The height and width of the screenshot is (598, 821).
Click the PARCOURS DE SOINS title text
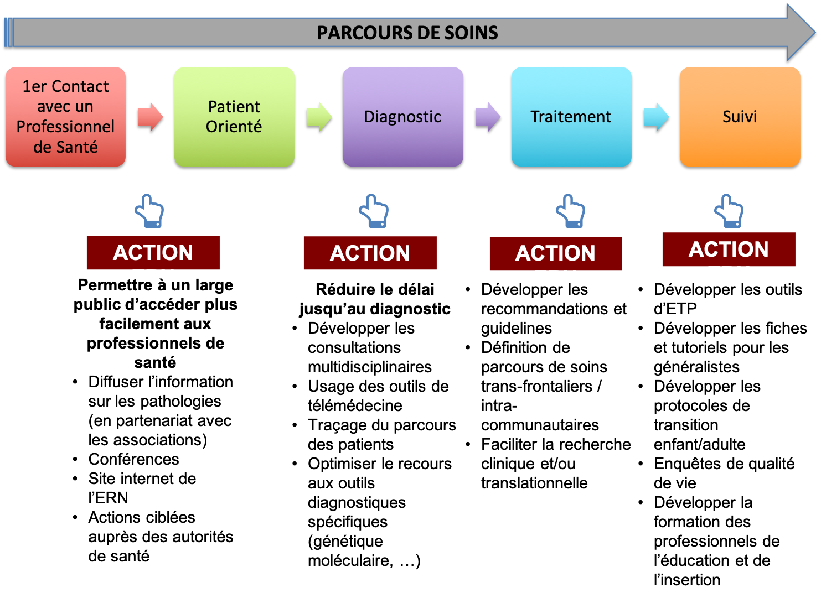(x=407, y=33)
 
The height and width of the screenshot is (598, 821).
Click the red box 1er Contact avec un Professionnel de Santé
(x=65, y=117)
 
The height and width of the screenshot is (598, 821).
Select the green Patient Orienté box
(x=234, y=117)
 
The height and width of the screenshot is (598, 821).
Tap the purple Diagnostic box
(x=402, y=117)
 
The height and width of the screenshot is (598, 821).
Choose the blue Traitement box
(x=571, y=117)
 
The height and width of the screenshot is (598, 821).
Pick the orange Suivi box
(x=740, y=117)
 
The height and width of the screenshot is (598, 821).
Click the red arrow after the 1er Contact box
(x=150, y=117)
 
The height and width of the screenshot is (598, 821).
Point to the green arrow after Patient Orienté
(x=319, y=117)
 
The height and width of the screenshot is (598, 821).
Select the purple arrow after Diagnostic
(x=488, y=117)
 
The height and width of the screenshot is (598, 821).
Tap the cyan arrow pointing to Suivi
(x=656, y=117)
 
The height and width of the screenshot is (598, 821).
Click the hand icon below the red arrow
(x=149, y=211)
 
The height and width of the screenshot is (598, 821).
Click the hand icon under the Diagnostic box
(x=374, y=211)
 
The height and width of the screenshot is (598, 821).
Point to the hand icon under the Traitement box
(x=571, y=211)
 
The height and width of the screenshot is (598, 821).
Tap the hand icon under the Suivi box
(x=729, y=211)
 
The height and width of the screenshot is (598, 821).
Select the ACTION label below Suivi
(x=729, y=249)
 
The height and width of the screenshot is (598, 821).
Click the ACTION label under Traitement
(x=555, y=253)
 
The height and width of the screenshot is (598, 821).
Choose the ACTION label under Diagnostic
(x=370, y=253)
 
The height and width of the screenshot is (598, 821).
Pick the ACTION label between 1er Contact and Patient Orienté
(x=153, y=253)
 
